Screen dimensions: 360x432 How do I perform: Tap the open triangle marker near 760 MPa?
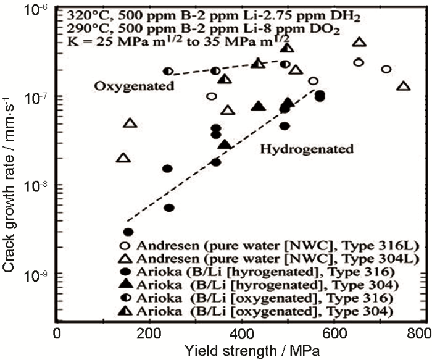pyautogui.click(x=404, y=86)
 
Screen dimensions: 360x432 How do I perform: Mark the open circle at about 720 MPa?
pyautogui.click(x=386, y=69)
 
